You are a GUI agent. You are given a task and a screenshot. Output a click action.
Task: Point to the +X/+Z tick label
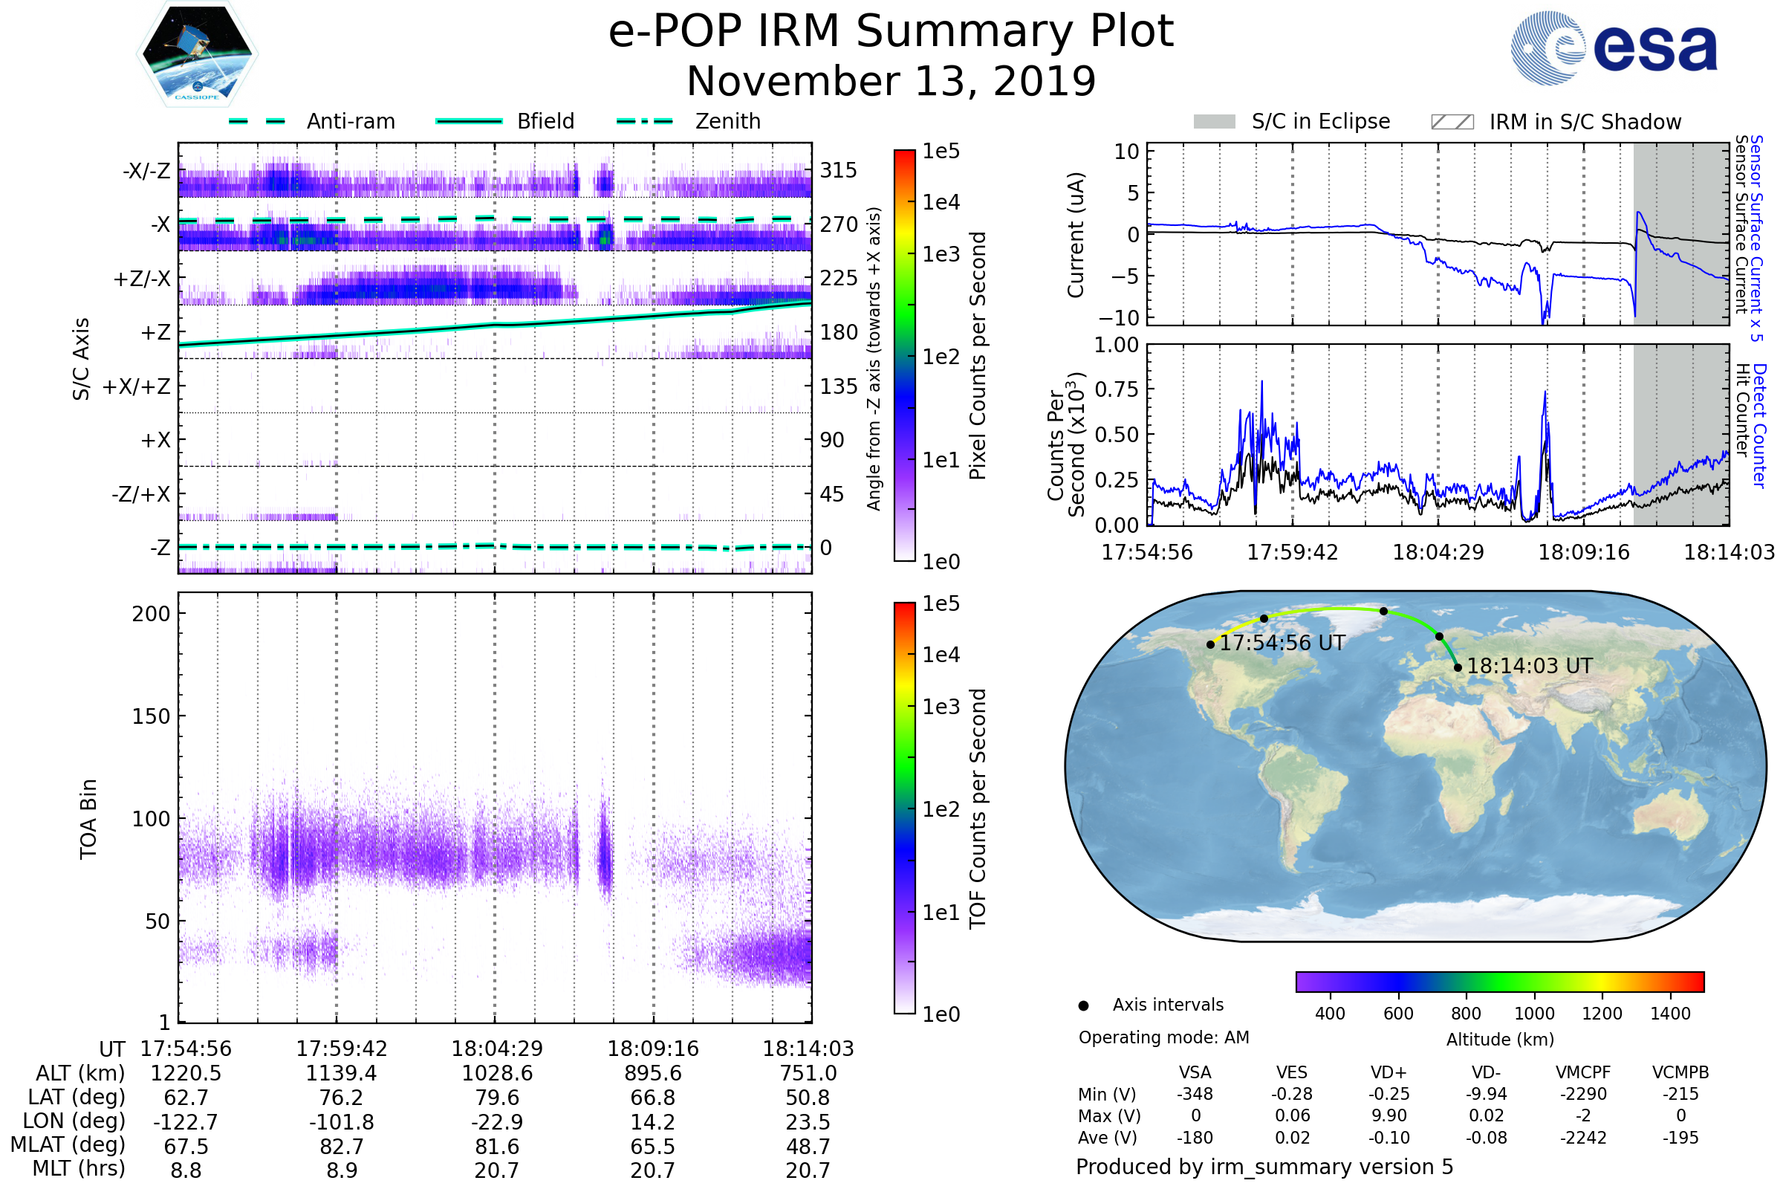point(137,386)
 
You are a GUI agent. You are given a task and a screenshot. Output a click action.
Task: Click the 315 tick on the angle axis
point(839,170)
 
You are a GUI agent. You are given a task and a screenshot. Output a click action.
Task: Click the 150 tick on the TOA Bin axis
point(151,716)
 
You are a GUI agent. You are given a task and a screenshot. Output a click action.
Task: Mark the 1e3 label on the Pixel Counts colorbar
point(941,254)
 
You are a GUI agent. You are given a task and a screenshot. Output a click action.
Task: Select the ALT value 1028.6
point(497,1074)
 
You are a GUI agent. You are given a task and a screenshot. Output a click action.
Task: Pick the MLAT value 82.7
point(342,1147)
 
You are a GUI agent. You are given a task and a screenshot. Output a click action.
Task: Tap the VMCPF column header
point(1583,1073)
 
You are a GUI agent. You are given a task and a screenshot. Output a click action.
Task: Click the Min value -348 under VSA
point(1195,1094)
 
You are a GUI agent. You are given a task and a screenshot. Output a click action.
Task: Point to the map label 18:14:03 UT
point(1529,666)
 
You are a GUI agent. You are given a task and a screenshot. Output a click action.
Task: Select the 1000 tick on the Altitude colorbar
point(1534,1014)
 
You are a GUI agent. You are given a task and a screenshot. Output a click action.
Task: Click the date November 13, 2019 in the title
point(891,81)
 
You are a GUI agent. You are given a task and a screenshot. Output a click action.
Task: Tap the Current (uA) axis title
point(1076,235)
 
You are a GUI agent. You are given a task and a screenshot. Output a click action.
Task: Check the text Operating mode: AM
point(1163,1037)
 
